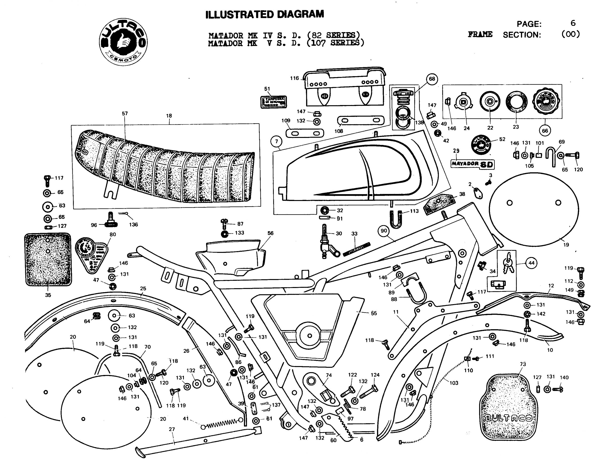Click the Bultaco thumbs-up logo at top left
123,42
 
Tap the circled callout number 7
276,142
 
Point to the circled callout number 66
545,131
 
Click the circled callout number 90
384,231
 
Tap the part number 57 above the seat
125,114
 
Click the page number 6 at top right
573,23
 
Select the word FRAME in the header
480,34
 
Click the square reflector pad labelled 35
48,259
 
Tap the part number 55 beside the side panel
374,313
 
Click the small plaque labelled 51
274,102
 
